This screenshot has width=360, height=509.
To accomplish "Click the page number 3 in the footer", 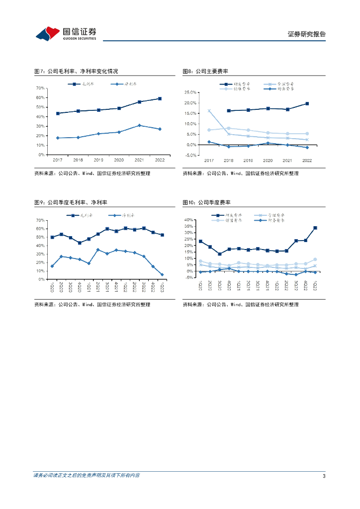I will click(324, 476).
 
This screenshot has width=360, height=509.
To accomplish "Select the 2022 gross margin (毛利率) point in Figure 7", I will click(160, 98).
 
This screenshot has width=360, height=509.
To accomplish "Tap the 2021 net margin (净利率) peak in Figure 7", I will click(139, 125).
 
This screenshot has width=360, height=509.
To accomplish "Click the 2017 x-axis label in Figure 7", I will click(58, 160).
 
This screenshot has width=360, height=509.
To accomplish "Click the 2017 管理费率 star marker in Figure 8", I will click(209, 111).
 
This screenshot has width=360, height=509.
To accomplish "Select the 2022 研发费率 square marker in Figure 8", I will click(307, 103).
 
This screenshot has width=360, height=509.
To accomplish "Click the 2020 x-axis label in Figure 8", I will click(268, 161).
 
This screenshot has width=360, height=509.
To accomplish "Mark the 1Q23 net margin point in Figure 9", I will click(162, 274).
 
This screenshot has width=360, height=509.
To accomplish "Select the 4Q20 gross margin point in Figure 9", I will click(80, 243).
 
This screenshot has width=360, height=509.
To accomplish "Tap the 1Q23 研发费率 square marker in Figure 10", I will click(315, 228).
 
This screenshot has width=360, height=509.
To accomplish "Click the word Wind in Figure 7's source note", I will click(88, 173).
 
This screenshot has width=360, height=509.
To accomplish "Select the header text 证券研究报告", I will click(307, 34).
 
